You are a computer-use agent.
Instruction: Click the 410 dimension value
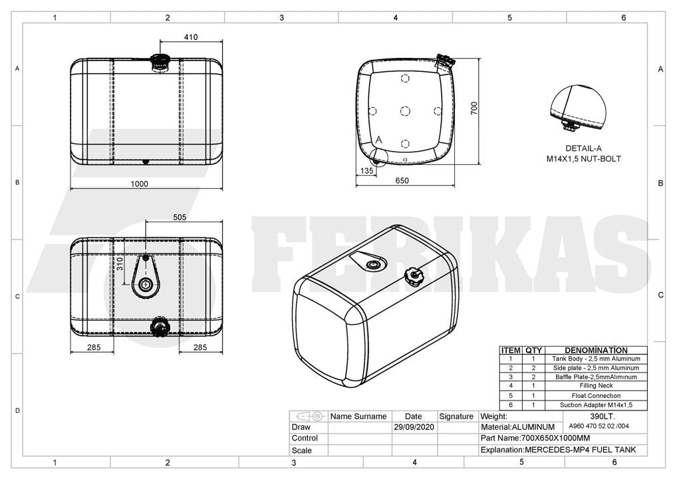click(191, 37)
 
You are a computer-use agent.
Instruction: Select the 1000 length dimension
click(140, 184)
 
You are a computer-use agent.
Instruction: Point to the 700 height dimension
click(474, 108)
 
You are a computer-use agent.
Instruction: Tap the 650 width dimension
click(402, 180)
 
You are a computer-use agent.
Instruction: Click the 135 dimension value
click(366, 170)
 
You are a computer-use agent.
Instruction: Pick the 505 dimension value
click(180, 218)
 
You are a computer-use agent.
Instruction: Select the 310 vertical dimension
click(120, 264)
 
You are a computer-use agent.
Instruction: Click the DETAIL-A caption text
click(584, 148)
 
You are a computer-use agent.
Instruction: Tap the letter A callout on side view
click(378, 140)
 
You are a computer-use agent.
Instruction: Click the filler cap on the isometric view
click(412, 276)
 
